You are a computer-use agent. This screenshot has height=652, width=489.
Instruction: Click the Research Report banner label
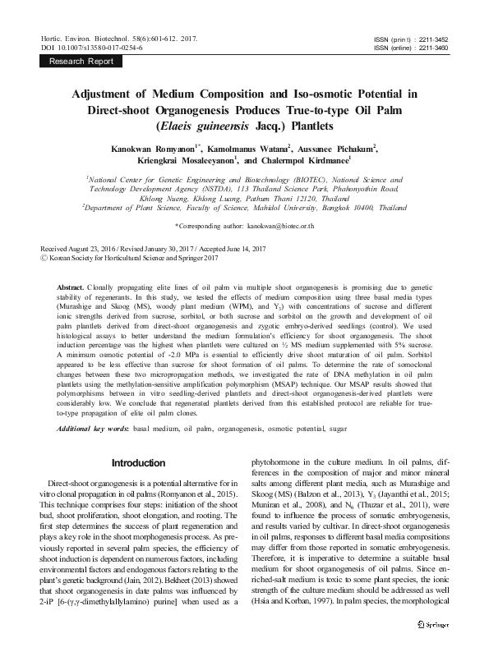[x=81, y=61]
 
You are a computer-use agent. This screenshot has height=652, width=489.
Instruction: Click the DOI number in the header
[x=97, y=48]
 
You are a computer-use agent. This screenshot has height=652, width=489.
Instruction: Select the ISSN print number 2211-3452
[x=433, y=39]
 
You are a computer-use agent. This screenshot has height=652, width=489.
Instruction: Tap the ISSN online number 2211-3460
[x=433, y=48]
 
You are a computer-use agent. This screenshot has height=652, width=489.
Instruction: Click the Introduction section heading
[x=138, y=462]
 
